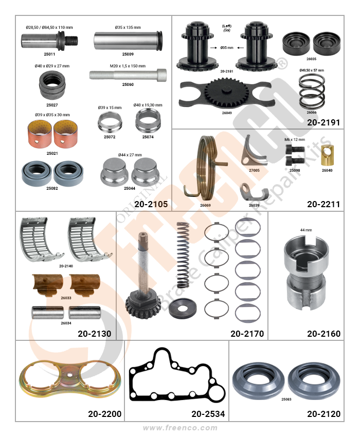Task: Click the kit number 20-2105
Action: point(151,204)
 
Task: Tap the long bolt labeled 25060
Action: point(128,75)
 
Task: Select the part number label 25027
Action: point(52,105)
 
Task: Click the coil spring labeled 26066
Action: point(312,92)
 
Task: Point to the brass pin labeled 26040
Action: point(328,155)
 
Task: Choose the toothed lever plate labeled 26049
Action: point(225,94)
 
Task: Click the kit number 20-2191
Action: point(323,123)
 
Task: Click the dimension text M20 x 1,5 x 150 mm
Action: point(128,66)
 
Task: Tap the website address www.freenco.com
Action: point(180,428)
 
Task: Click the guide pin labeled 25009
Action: point(128,41)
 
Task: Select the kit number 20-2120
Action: point(323,414)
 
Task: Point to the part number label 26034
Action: point(66,323)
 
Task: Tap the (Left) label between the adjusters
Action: point(227,26)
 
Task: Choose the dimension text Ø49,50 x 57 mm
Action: point(312,70)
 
